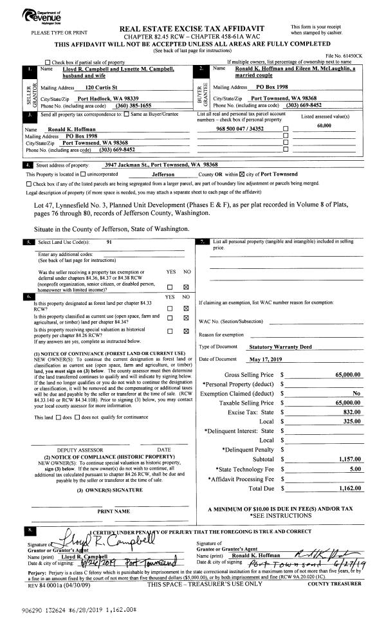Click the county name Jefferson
click(x=167, y=174)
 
